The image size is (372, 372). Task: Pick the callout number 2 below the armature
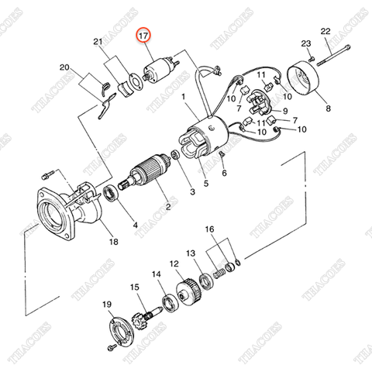[166, 208]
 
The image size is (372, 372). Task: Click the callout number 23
[306, 43]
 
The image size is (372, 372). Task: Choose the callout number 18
[114, 242]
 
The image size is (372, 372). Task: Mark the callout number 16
[209, 229]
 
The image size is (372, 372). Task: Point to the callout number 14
[157, 274]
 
